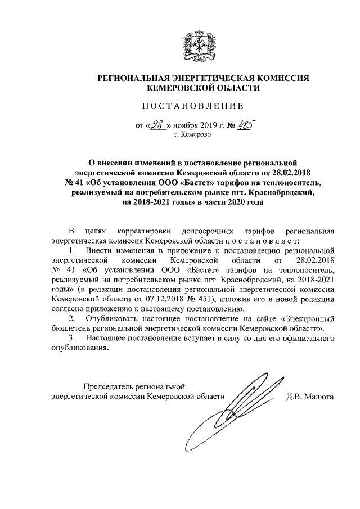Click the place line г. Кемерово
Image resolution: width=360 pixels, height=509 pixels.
point(192,136)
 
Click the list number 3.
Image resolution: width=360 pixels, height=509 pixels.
point(71,338)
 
